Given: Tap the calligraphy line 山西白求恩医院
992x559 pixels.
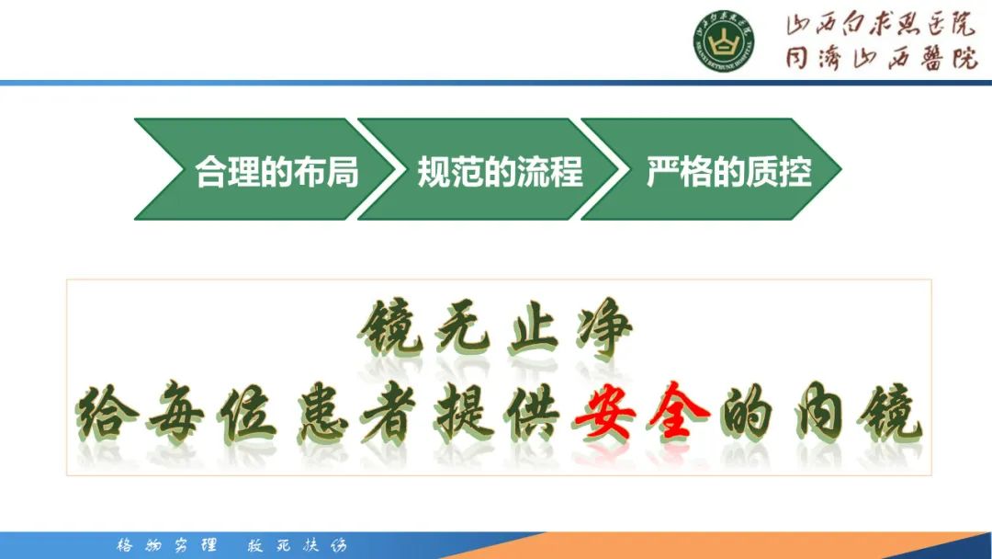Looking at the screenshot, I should [x=880, y=26].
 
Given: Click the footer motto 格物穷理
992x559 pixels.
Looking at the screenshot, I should [x=166, y=545].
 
